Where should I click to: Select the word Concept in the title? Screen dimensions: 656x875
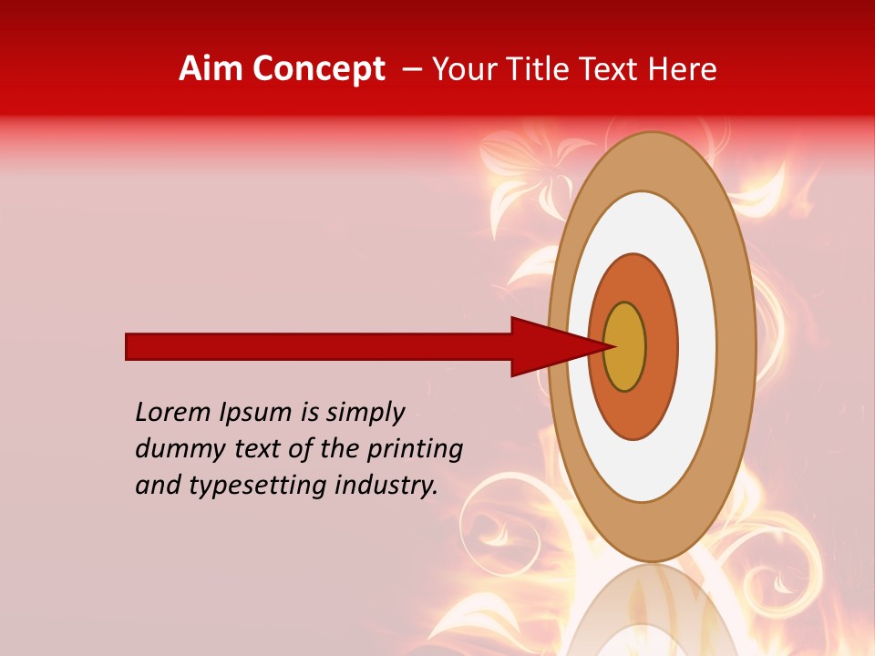[318, 70]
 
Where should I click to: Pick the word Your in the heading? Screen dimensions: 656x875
[463, 70]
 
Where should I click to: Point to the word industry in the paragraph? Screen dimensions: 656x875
[386, 486]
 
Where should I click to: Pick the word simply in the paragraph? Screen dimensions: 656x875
[365, 414]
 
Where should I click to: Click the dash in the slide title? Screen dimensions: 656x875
[412, 70]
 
